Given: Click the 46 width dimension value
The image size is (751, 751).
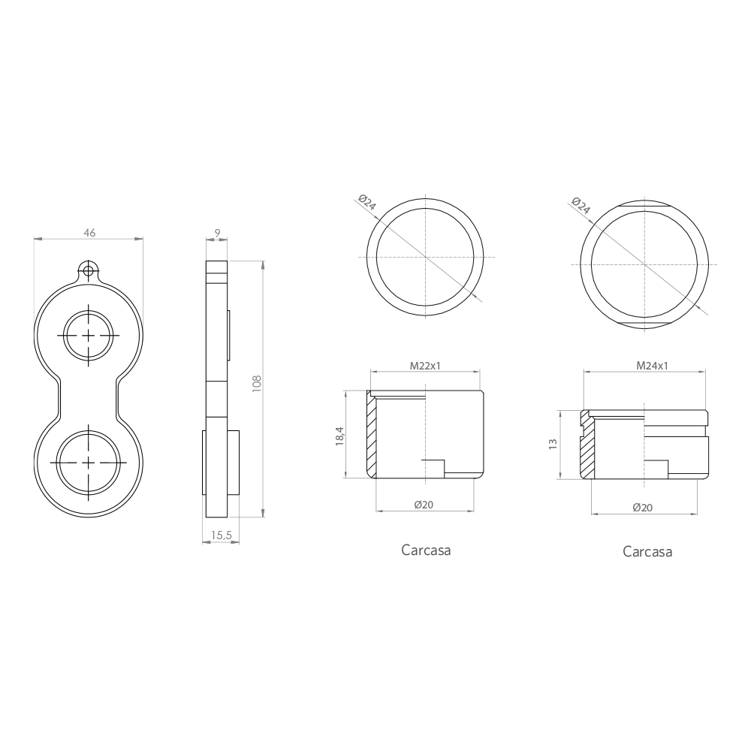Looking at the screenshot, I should [x=89, y=233].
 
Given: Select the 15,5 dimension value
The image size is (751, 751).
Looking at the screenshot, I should [x=221, y=535].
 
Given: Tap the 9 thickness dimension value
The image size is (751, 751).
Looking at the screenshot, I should [x=217, y=234].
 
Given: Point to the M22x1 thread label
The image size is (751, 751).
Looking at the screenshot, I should [x=424, y=366].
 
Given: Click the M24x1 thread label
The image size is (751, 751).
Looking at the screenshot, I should [x=652, y=366].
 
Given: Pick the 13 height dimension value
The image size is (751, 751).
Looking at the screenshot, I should [x=553, y=444].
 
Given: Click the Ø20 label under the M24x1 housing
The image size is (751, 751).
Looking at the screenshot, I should [x=642, y=508].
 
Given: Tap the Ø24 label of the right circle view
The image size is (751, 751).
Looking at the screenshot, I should [x=581, y=206].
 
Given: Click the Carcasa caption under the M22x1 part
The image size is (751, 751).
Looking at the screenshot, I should [x=426, y=550].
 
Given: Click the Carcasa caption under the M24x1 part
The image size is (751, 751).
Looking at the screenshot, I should [x=647, y=552].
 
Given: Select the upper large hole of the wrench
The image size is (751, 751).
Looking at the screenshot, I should [x=89, y=334].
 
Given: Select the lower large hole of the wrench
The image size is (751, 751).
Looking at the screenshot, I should [x=89, y=460].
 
